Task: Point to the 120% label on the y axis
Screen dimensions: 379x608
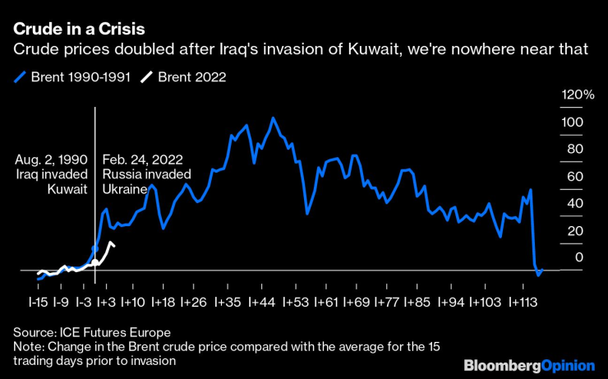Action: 577,95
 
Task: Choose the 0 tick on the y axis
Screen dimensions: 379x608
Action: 578,257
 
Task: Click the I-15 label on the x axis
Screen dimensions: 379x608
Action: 39,303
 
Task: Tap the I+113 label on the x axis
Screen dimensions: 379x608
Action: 523,303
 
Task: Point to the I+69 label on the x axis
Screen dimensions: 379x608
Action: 356,303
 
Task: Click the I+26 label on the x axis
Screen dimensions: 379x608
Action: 194,303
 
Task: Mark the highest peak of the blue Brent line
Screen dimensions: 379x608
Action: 272,118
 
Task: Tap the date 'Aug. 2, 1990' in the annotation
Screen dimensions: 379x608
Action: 51,159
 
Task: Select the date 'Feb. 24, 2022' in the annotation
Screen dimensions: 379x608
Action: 142,159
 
